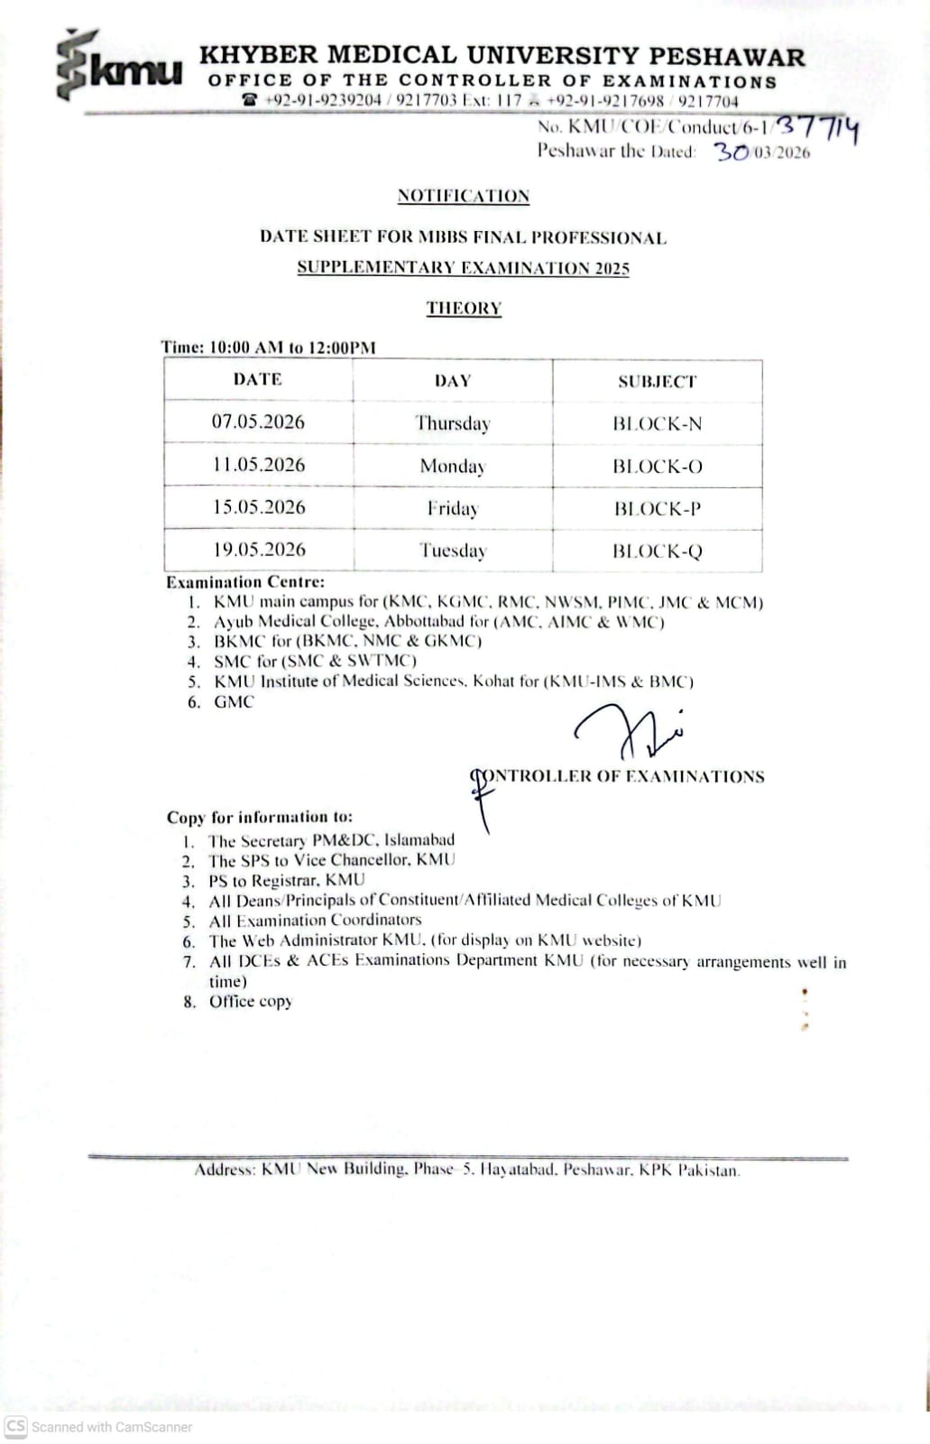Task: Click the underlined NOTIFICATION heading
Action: tap(463, 196)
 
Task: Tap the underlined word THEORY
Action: tap(464, 308)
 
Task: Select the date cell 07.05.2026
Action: tap(258, 421)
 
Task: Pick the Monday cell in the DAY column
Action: tap(453, 466)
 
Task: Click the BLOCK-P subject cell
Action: tap(657, 508)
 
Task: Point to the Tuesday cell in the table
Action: tap(453, 550)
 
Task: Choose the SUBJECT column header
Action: tap(657, 381)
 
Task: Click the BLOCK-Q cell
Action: tap(657, 551)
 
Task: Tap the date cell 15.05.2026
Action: tap(259, 507)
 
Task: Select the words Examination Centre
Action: tap(245, 582)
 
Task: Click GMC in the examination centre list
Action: tap(234, 701)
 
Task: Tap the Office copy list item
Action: tap(251, 1001)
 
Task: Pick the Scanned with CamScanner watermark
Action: tap(99, 1427)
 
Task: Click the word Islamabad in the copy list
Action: tap(419, 840)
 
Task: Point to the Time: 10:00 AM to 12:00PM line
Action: tap(268, 347)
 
